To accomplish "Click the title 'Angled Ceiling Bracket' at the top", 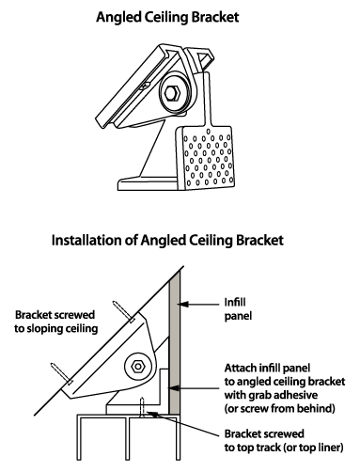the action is [x=167, y=18].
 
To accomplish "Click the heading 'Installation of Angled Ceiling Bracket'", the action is [x=167, y=241].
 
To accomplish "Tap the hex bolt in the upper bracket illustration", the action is [x=171, y=93].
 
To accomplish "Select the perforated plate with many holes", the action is [x=206, y=158].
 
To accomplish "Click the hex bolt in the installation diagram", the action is [x=137, y=366].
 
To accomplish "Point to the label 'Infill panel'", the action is [x=238, y=309].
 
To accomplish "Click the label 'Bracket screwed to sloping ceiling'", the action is [x=56, y=322].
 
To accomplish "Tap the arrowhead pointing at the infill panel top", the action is [x=183, y=304].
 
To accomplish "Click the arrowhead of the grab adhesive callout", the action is [x=174, y=388].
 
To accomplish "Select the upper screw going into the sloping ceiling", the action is [x=124, y=312].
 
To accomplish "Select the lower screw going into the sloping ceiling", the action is [x=61, y=373].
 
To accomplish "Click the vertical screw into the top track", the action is [x=142, y=407].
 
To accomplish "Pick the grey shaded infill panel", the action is [x=175, y=342].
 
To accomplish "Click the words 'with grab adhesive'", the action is [x=271, y=395].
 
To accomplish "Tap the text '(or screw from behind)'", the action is [x=279, y=409].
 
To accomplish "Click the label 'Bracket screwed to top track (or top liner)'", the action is [x=284, y=441].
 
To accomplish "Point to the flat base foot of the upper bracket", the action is [x=148, y=184].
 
